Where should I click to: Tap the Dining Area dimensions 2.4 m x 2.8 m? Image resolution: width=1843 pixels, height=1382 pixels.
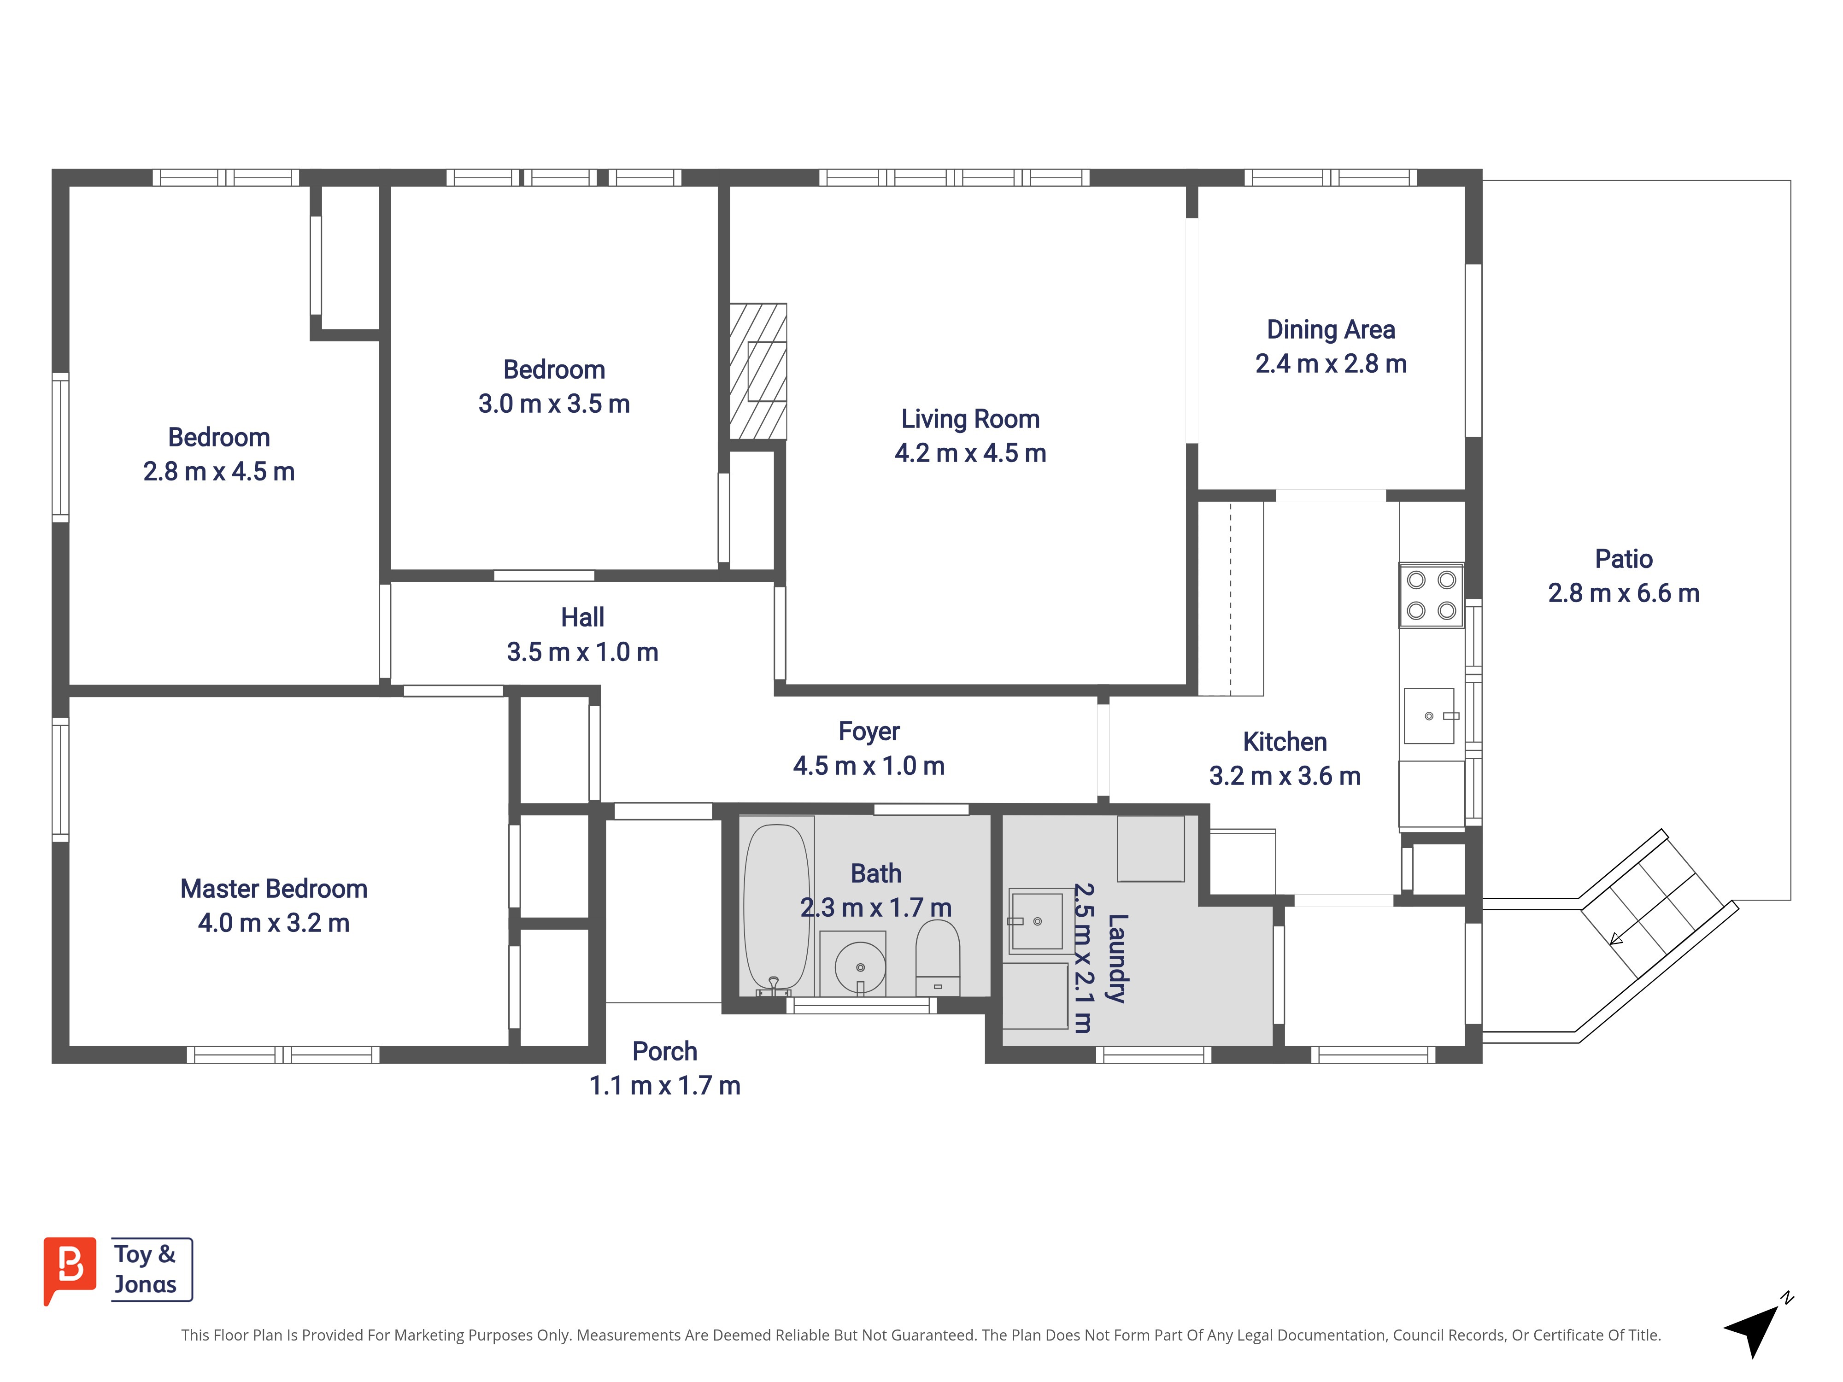[x=1331, y=364]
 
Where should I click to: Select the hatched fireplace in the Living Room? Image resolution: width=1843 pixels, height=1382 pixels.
[x=758, y=371]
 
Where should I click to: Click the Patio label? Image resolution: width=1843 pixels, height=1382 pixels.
[x=1623, y=559]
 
